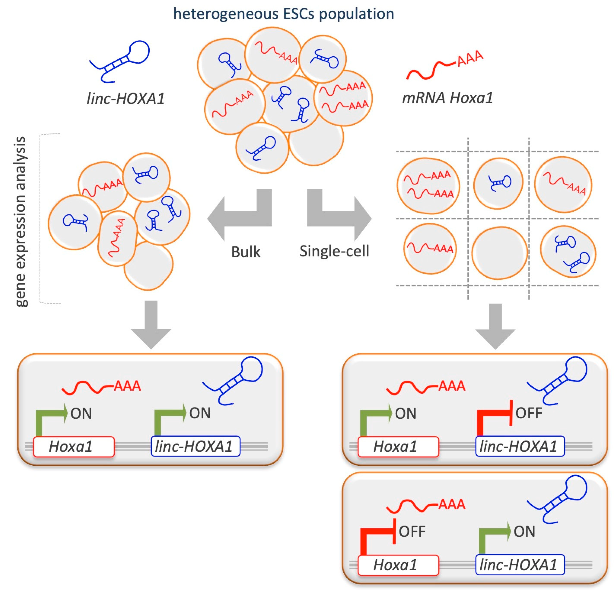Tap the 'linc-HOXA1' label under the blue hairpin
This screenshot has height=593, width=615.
coord(125,99)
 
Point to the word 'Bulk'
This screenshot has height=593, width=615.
coord(246,252)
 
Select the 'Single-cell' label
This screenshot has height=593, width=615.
coord(334,251)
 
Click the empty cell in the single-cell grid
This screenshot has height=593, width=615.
coord(499,253)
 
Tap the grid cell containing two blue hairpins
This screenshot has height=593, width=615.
coord(568,252)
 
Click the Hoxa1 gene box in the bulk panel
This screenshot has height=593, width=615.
coord(74,446)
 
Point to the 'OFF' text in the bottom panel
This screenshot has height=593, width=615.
coord(412,531)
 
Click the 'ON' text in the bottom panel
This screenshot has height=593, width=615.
coord(524,531)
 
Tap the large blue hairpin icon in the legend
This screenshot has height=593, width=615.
coord(121,61)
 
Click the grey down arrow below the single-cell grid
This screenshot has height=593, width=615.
coord(495,326)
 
